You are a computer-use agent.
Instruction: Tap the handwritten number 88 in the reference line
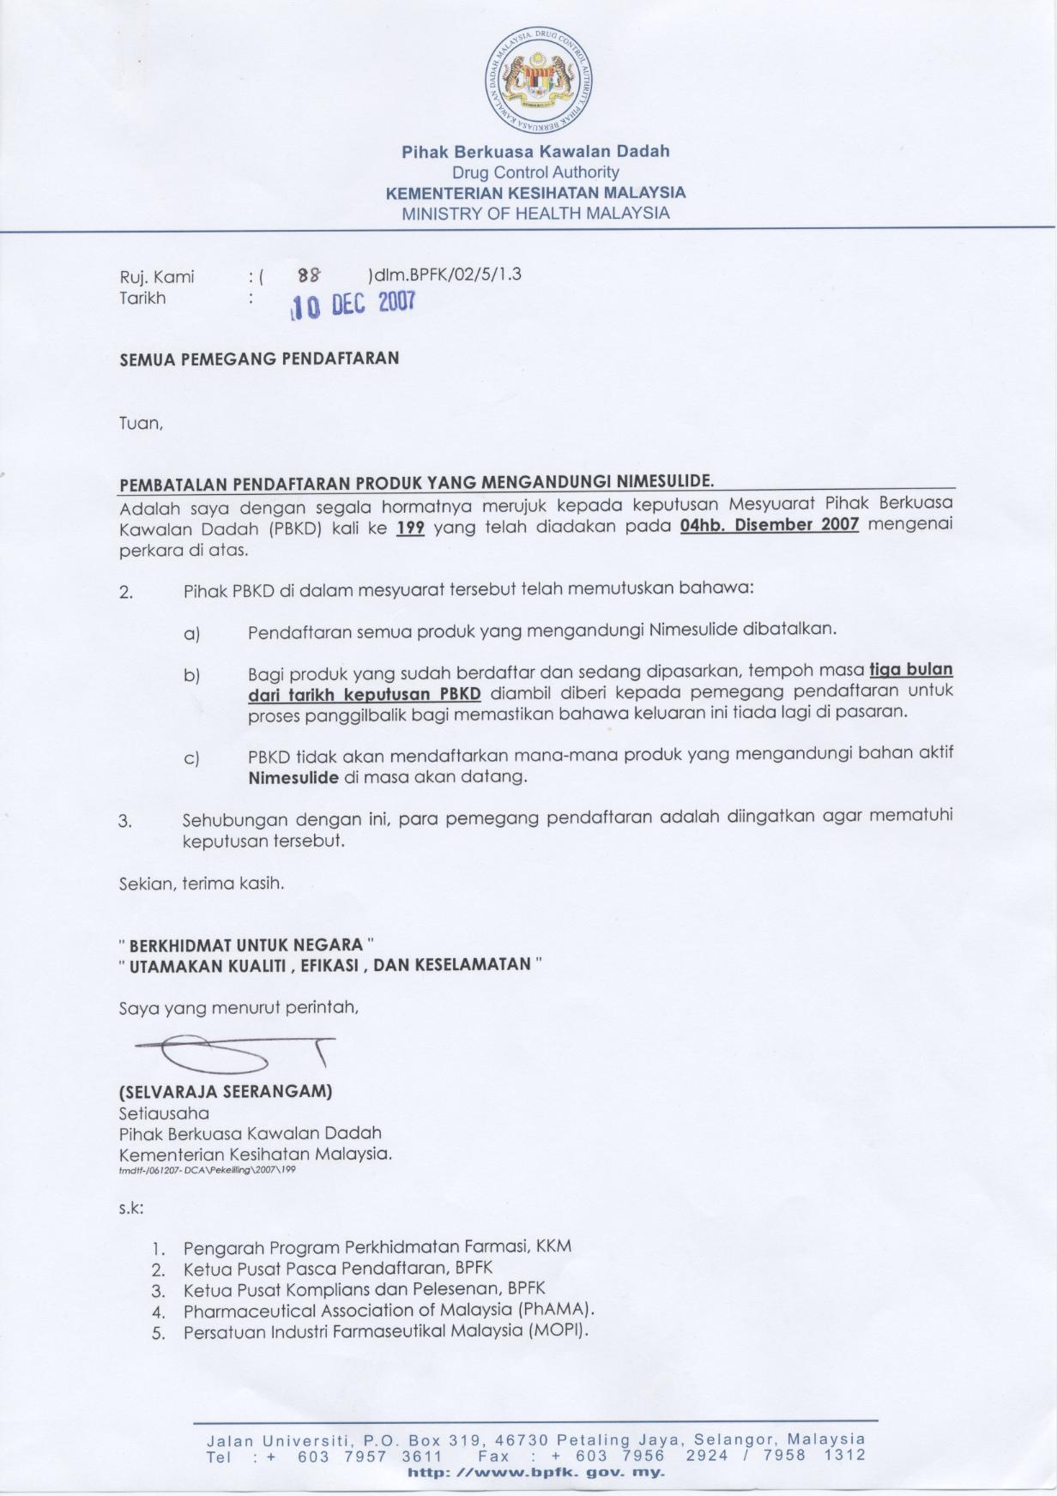pyautogui.click(x=307, y=275)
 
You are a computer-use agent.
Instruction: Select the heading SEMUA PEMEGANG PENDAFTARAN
pyautogui.click(x=259, y=359)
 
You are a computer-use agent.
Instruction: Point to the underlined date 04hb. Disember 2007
pyautogui.click(x=769, y=525)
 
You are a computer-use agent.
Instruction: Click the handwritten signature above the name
pyautogui.click(x=232, y=1054)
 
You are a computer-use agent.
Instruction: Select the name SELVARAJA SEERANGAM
pyautogui.click(x=226, y=1092)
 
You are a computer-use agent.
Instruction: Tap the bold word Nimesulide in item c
pyautogui.click(x=293, y=778)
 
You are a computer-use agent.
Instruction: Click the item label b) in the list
pyautogui.click(x=191, y=676)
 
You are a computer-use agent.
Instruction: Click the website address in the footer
pyautogui.click(x=536, y=1473)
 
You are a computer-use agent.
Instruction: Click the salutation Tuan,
pyautogui.click(x=141, y=423)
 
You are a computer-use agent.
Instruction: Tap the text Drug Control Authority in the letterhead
pyautogui.click(x=535, y=172)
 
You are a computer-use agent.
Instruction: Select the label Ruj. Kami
pyautogui.click(x=157, y=276)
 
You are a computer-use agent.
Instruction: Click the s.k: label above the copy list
pyautogui.click(x=131, y=1208)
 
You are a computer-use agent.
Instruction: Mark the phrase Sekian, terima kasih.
pyautogui.click(x=202, y=883)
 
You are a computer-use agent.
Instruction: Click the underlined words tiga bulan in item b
pyautogui.click(x=911, y=669)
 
